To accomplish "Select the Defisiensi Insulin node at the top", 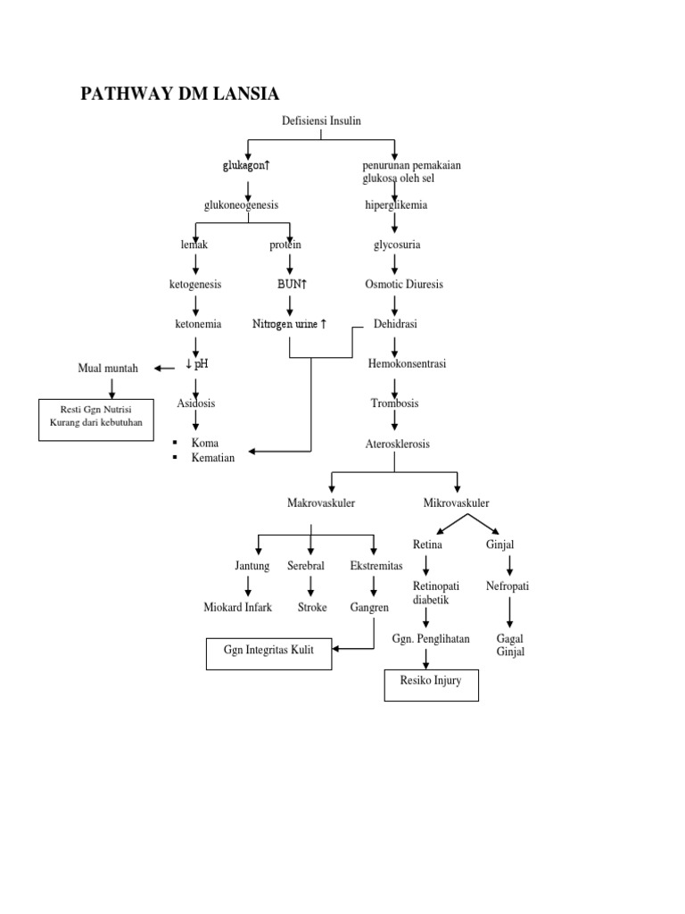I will (320, 120).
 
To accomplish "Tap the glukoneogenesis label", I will (241, 205).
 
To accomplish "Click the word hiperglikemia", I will (396, 205).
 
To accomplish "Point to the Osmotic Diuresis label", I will (403, 284).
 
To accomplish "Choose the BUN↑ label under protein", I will (292, 284).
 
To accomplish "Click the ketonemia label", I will (198, 324).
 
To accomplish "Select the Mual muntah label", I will (109, 368).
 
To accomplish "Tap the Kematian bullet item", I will (212, 458).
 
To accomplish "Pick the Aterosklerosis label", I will (397, 444).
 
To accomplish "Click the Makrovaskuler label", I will (321, 503).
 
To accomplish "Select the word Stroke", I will (312, 608).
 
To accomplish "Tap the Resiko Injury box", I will (431, 685).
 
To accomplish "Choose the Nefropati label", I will (508, 586).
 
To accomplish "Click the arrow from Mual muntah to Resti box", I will (111, 386).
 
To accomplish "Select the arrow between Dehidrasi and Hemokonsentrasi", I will (394, 344).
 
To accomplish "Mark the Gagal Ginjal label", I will (510, 645).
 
